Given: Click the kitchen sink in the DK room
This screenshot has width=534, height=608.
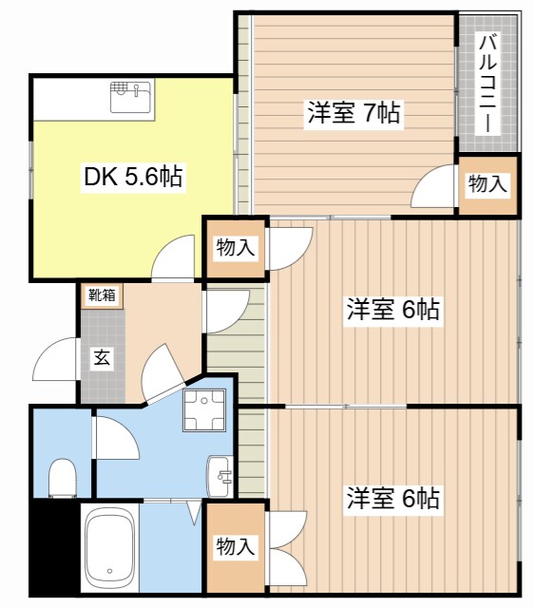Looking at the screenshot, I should tap(131, 96).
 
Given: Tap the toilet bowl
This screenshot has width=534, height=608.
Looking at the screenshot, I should tap(62, 477).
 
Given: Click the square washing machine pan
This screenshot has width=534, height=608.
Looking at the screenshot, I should tap(202, 411).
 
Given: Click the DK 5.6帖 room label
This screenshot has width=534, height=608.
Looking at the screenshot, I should tap(133, 176).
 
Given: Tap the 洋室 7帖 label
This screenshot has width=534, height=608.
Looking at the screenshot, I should tap(353, 113).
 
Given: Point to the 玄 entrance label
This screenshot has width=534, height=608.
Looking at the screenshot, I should tap(100, 359).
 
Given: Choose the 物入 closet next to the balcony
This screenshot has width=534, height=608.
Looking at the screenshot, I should tap(487, 184).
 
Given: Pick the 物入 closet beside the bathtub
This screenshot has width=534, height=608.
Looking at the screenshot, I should tap(235, 547).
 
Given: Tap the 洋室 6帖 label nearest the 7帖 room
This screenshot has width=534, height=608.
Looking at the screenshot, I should tap(392, 309).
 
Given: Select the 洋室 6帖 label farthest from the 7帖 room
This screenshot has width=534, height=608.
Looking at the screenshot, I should tap(392, 497).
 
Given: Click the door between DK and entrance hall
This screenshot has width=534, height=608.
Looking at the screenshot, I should tap(175, 259).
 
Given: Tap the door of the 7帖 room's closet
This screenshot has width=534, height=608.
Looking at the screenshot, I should tap(433, 186).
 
